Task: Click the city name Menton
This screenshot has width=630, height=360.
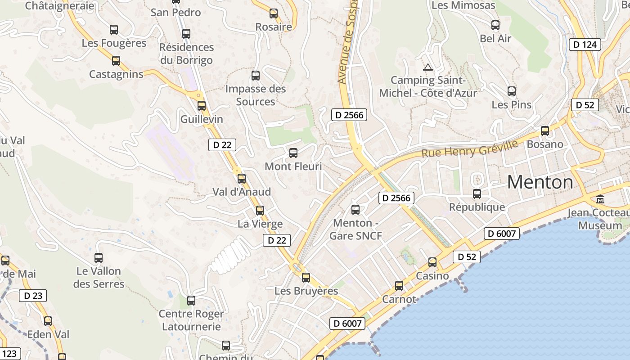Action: pyautogui.click(x=540, y=182)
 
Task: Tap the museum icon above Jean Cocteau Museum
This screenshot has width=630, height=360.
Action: pyautogui.click(x=600, y=199)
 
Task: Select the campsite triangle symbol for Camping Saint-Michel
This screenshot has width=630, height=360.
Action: pyautogui.click(x=427, y=67)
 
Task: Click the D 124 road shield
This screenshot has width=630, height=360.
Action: pyautogui.click(x=585, y=45)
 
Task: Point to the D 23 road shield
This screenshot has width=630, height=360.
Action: pyautogui.click(x=33, y=296)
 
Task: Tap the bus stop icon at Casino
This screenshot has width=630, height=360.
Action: pyautogui.click(x=432, y=262)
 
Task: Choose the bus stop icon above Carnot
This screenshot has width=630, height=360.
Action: pyautogui.click(x=399, y=285)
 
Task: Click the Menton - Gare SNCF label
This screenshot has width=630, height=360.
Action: pyautogui.click(x=355, y=229)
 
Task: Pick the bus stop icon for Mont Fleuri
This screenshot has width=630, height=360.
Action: pyautogui.click(x=293, y=153)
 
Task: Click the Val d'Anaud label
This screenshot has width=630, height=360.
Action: pyautogui.click(x=242, y=192)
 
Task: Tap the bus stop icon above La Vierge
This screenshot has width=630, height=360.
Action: pyautogui.click(x=260, y=210)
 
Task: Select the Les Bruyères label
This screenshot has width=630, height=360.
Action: pyautogui.click(x=306, y=291)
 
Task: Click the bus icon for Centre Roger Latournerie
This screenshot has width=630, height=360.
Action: pyautogui.click(x=191, y=300)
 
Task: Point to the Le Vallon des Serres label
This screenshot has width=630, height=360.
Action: pyautogui.click(x=99, y=278)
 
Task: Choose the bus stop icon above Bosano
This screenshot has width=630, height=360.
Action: pyautogui.click(x=545, y=131)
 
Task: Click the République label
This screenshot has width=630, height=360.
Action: pyautogui.click(x=477, y=207)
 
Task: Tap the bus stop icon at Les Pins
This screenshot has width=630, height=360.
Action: pyautogui.click(x=512, y=91)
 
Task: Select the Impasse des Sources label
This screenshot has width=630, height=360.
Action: pyautogui.click(x=256, y=95)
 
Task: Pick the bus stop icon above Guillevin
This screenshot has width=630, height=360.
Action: pyautogui.click(x=202, y=106)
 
